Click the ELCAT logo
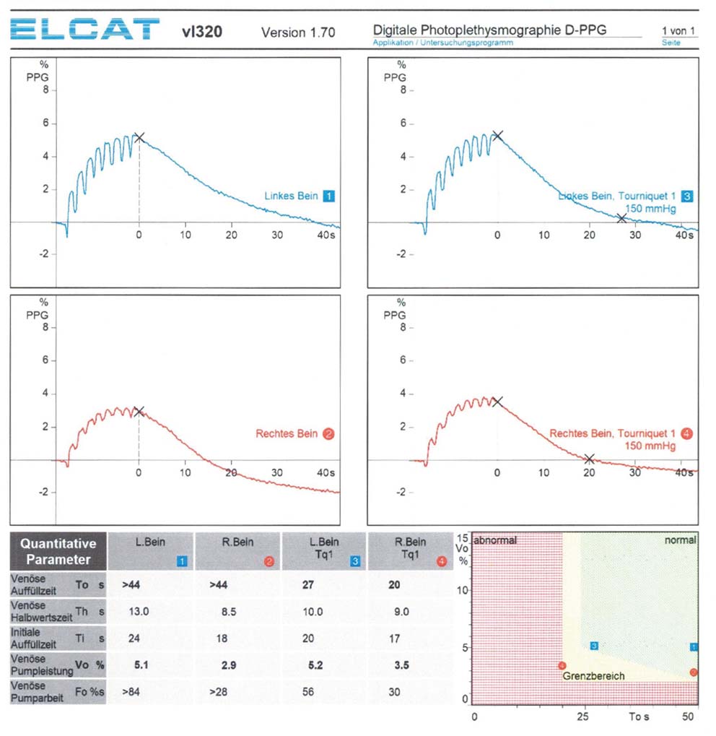(85, 30)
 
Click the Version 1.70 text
(297, 33)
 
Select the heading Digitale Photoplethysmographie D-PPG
(489, 30)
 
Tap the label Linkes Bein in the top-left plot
(292, 196)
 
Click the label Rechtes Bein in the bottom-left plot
(287, 434)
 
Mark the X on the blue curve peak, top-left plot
(139, 137)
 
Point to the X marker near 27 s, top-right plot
(621, 218)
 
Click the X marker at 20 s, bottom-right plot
(589, 459)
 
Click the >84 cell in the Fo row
(131, 691)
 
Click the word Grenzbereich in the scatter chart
(593, 676)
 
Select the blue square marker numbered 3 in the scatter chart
(593, 646)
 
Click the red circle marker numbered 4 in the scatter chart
(562, 665)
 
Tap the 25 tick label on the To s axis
(582, 716)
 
